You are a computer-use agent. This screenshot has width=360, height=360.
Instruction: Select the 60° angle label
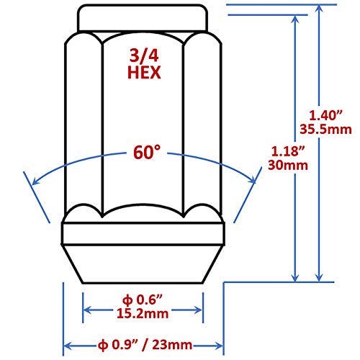(x=145, y=153)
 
